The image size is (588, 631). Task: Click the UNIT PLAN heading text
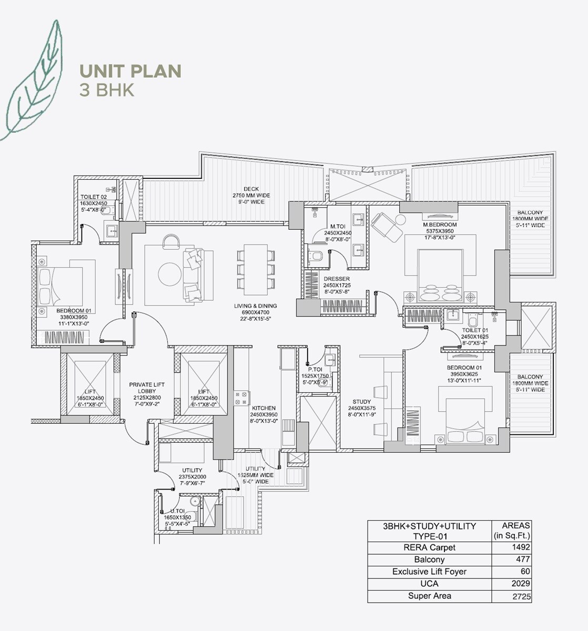tap(130, 71)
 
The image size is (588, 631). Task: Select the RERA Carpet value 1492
tap(522, 547)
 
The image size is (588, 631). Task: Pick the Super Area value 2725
tap(521, 597)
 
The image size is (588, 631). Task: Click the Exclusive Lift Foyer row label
tap(429, 572)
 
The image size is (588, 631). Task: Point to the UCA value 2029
tap(522, 584)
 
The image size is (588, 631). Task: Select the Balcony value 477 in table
tap(523, 559)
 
